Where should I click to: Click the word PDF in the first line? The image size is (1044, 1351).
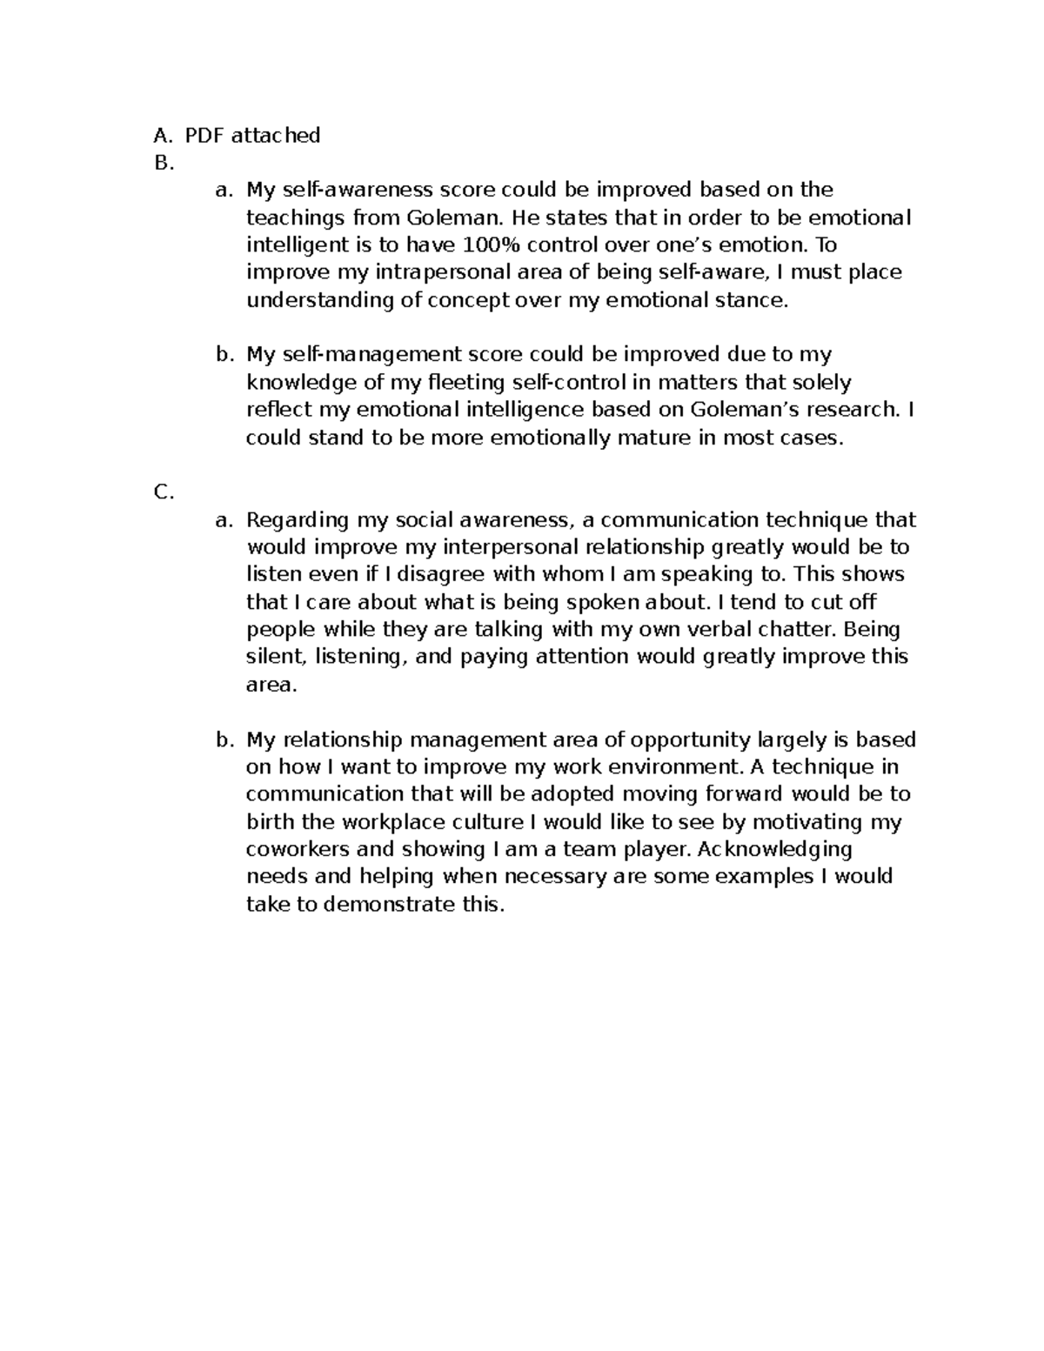pos(204,135)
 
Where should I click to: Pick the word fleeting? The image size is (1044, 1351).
pos(467,383)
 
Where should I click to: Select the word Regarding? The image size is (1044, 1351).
pos(298,520)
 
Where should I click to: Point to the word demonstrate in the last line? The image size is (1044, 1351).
pos(386,905)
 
